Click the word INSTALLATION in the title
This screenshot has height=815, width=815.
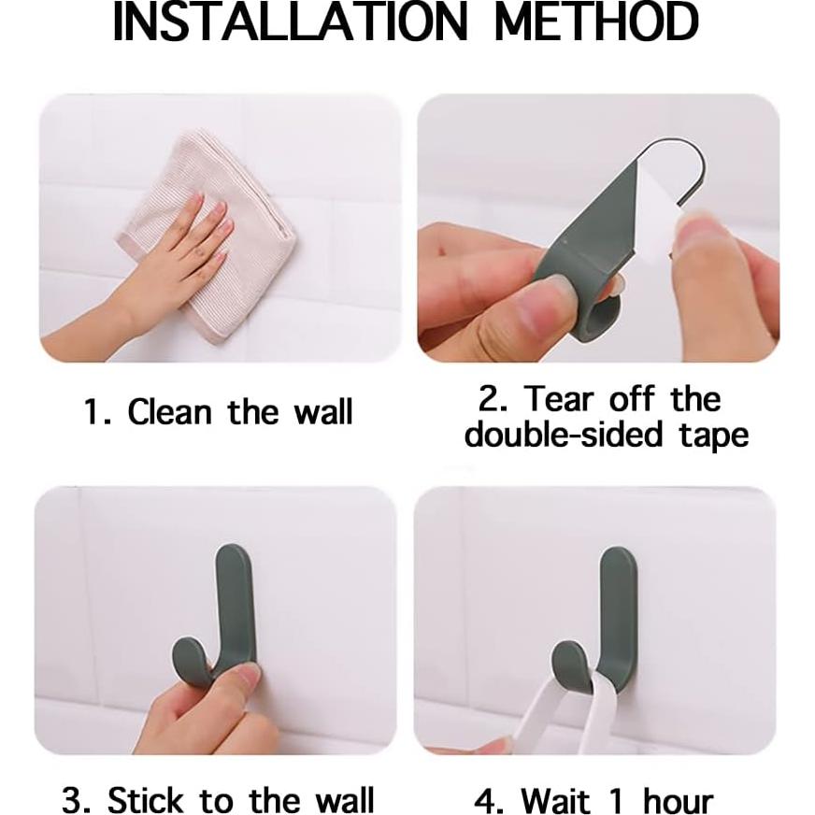coord(289,22)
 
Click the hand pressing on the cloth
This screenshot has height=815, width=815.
coord(178,262)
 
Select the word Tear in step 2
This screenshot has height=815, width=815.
coord(558,399)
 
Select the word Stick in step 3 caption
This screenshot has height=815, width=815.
coord(146,800)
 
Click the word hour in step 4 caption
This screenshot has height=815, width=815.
coord(673,801)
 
